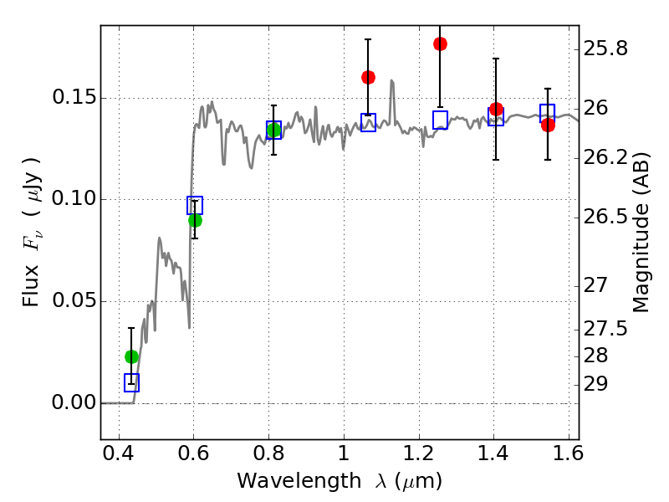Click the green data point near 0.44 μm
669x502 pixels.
pos(131,356)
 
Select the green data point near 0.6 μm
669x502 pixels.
pos(195,220)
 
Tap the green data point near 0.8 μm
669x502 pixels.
pos(273,130)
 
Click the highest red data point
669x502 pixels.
pos(440,44)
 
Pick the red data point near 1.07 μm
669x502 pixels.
pos(368,77)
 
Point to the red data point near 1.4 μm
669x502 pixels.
pos(496,109)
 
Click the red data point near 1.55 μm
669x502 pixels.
pos(548,125)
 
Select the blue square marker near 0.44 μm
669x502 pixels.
pos(131,382)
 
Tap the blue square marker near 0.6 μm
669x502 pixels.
pos(195,206)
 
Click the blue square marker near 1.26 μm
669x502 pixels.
pos(440,120)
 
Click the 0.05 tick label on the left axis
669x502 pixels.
pos(73,301)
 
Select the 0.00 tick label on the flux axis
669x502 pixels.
pos(73,403)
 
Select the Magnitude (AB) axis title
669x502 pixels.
pos(641,232)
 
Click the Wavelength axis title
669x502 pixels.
pos(339,481)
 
